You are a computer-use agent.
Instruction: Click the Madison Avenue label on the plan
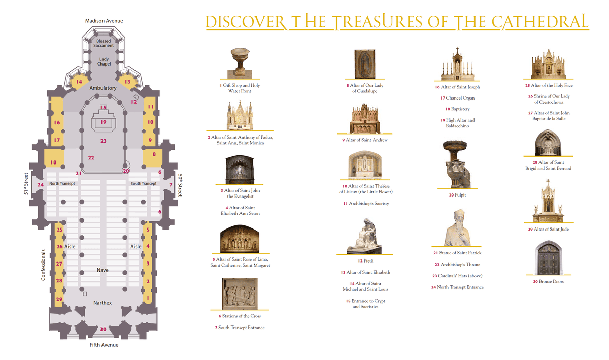[x=104, y=21]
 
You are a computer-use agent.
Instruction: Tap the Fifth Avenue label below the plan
[x=104, y=345]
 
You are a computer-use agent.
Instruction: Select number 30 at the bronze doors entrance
[x=103, y=329]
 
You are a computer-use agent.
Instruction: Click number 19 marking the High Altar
[x=104, y=122]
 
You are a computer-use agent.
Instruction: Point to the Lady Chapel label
[x=104, y=61]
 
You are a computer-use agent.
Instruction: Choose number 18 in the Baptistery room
[x=54, y=162]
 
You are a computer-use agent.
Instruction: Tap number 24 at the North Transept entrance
[x=41, y=185]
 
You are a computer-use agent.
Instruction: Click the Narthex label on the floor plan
[x=103, y=303]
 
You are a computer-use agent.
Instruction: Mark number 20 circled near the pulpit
[x=126, y=171]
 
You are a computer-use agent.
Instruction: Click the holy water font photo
[x=240, y=63]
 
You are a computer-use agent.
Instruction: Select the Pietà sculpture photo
[x=364, y=236]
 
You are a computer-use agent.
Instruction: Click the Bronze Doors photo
[x=549, y=258]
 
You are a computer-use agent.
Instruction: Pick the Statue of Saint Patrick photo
[x=458, y=228]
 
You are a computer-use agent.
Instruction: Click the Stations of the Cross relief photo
[x=240, y=294]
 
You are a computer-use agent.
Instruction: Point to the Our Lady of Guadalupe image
[x=365, y=64]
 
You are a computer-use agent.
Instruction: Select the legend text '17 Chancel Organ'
[x=458, y=98]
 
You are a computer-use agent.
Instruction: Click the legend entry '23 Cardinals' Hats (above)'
[x=458, y=276]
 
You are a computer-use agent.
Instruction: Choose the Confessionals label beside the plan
[x=43, y=265]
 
